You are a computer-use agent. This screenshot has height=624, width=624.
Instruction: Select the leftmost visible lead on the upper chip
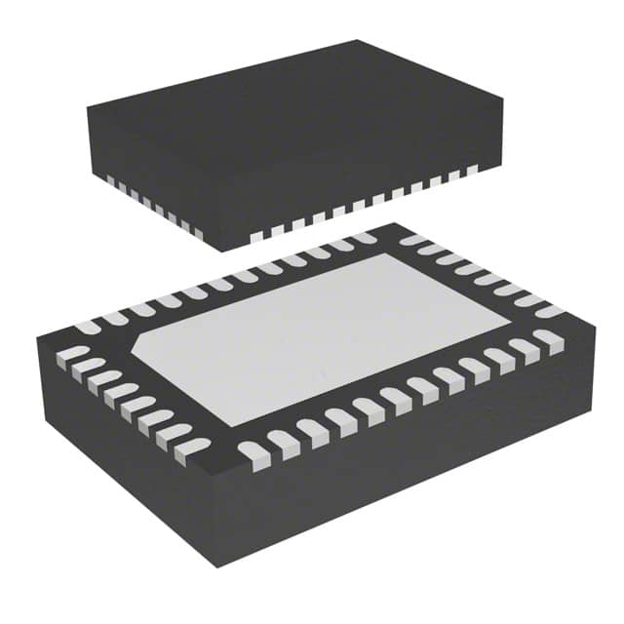(109, 181)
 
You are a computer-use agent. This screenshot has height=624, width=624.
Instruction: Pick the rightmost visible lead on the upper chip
(472, 170)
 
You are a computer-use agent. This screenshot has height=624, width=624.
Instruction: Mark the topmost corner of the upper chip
(357, 41)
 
